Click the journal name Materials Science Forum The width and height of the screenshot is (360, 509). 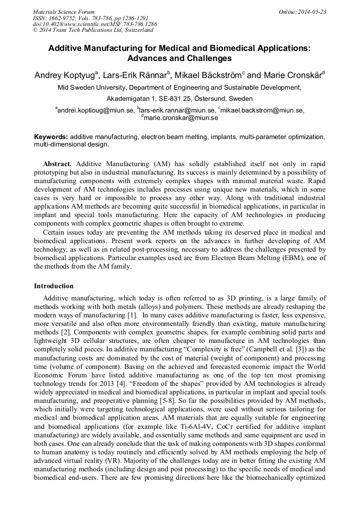(x=64, y=11)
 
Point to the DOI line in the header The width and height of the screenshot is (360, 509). (x=95, y=24)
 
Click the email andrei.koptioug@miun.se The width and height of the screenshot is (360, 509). (x=96, y=110)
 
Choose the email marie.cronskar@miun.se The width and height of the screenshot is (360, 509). (x=181, y=118)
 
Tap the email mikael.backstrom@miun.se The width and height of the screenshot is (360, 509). (x=262, y=110)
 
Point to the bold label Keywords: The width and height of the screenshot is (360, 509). (x=51, y=137)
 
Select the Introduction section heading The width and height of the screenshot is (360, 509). (x=54, y=286)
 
